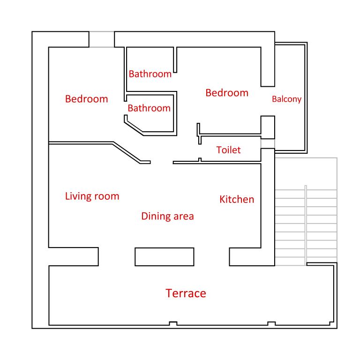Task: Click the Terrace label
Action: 186,293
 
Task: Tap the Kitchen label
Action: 237,199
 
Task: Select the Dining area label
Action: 168,216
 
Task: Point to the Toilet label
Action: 228,150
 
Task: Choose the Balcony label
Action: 286,99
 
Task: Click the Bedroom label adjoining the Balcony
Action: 227,93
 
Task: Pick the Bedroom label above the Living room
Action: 87,99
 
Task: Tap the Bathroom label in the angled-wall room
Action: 149,108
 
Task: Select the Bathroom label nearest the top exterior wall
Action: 150,74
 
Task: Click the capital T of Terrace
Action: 169,293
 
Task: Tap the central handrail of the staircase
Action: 306,225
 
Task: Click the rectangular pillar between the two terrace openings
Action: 165,257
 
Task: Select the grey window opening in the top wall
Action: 101,39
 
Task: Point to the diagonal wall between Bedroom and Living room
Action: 127,152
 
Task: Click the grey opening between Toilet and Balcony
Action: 268,144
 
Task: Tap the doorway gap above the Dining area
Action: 162,162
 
